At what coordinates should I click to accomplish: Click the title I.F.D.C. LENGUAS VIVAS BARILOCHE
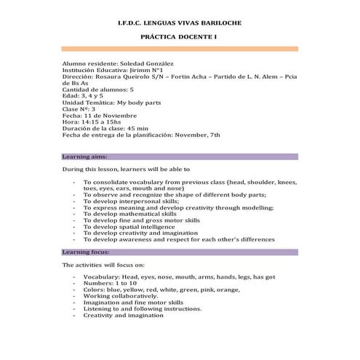(180, 23)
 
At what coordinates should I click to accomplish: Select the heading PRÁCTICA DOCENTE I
(180, 36)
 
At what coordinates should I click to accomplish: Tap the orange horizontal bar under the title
(180, 49)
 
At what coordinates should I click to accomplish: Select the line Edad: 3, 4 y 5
(83, 95)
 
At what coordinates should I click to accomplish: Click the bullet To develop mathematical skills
(129, 214)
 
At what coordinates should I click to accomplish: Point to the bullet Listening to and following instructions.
(142, 309)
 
